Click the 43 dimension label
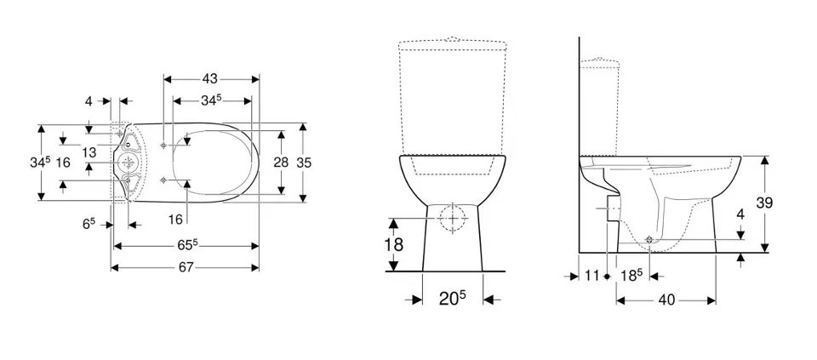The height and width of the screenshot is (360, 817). click(x=210, y=78)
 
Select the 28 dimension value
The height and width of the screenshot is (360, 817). click(x=282, y=163)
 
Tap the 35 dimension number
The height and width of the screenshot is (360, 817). click(x=304, y=163)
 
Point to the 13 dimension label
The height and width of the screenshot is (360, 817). click(x=89, y=152)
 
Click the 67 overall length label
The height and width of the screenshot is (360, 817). click(x=186, y=267)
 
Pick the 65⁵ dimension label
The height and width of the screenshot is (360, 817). click(x=186, y=245)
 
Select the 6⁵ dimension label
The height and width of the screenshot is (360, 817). click(x=89, y=223)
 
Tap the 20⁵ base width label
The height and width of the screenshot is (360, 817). click(x=452, y=299)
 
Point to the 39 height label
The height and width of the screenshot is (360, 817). click(x=764, y=203)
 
